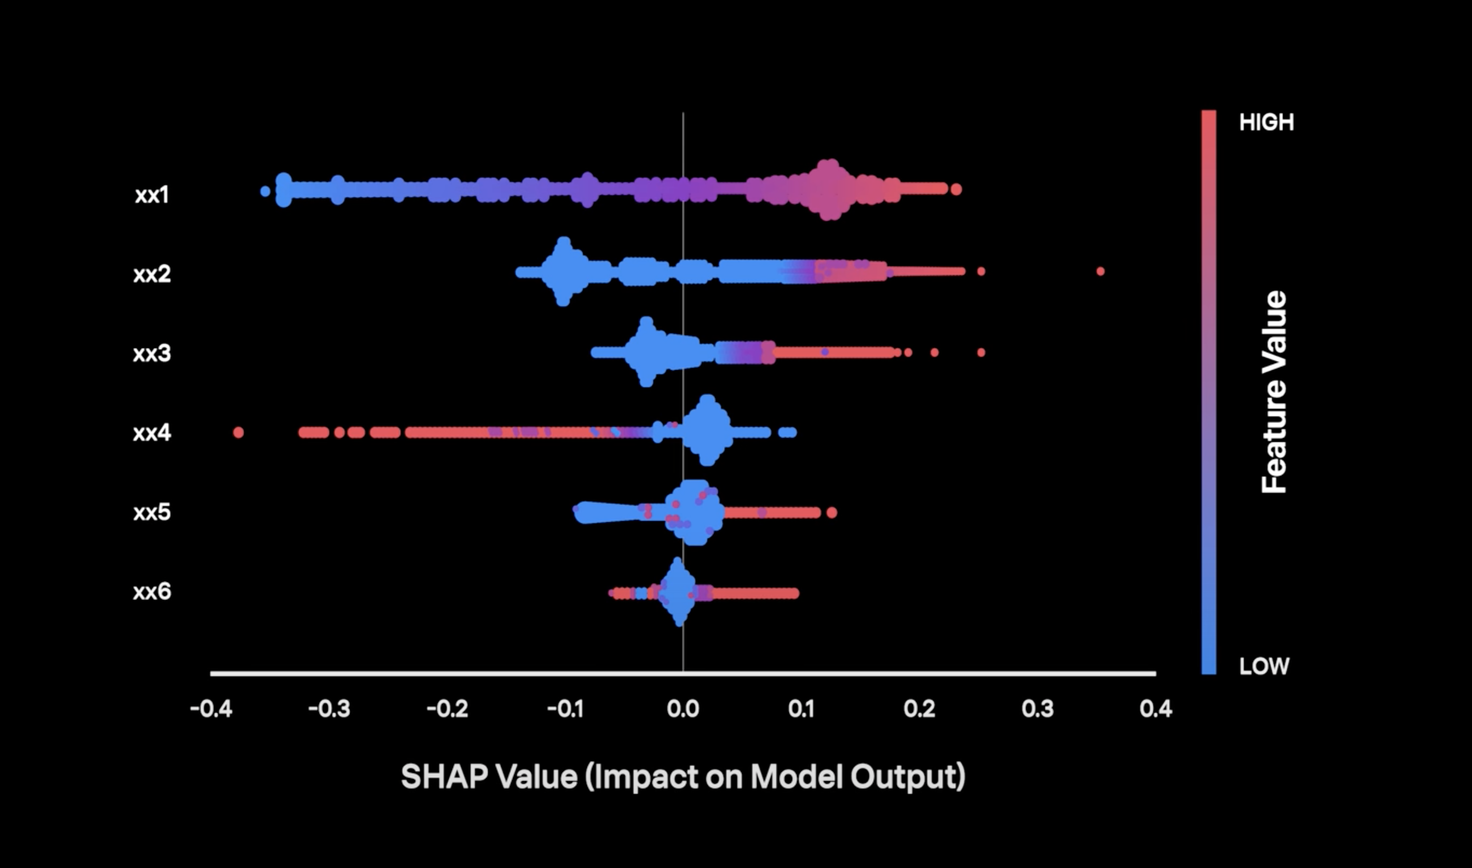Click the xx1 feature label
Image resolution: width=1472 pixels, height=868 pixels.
(x=152, y=195)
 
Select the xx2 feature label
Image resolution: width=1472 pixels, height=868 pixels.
(x=152, y=274)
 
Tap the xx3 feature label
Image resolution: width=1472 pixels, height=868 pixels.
(x=152, y=353)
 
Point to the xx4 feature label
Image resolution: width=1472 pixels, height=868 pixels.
(x=152, y=433)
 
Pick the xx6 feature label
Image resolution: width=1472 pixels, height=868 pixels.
(x=152, y=592)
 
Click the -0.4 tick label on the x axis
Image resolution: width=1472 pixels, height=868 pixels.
(x=211, y=709)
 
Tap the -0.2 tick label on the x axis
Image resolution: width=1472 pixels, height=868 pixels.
(x=447, y=709)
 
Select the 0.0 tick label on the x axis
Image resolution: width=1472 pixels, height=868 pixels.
(x=683, y=709)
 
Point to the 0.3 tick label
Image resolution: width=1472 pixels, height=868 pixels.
(x=1038, y=709)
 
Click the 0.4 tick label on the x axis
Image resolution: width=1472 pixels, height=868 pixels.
(x=1156, y=709)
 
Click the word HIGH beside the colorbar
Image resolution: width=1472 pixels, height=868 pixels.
(x=1267, y=122)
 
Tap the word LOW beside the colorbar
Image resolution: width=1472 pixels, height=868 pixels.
(x=1264, y=666)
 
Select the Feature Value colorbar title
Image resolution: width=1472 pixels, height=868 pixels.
(x=1274, y=392)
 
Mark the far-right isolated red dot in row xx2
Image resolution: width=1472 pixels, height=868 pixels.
(x=1101, y=271)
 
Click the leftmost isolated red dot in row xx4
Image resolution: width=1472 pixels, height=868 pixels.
(x=238, y=433)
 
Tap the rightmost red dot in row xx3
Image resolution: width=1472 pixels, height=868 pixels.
(x=981, y=353)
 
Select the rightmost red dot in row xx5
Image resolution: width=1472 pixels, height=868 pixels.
(x=832, y=513)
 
